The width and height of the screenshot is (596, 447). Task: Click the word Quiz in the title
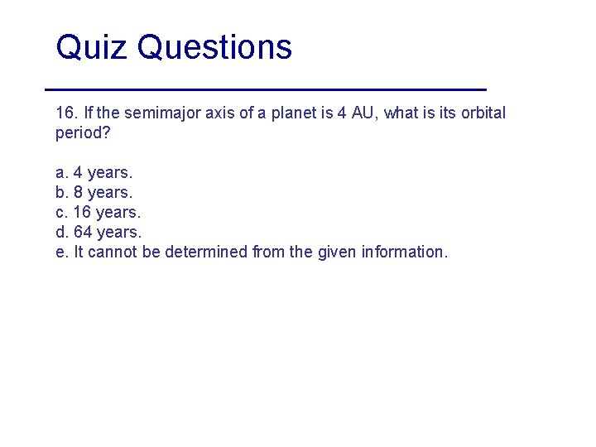(x=91, y=48)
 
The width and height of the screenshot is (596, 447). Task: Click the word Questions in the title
(x=214, y=48)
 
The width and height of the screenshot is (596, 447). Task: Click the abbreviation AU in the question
(x=363, y=113)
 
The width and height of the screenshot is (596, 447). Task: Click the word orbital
(x=483, y=113)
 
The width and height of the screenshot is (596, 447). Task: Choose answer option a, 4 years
(x=94, y=173)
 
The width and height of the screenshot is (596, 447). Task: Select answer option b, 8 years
(x=94, y=193)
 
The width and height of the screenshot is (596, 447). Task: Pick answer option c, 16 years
(x=98, y=213)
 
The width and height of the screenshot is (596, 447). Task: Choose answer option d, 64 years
(x=98, y=233)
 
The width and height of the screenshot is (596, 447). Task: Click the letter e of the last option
(x=60, y=252)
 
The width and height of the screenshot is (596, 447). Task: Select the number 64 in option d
(x=83, y=233)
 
